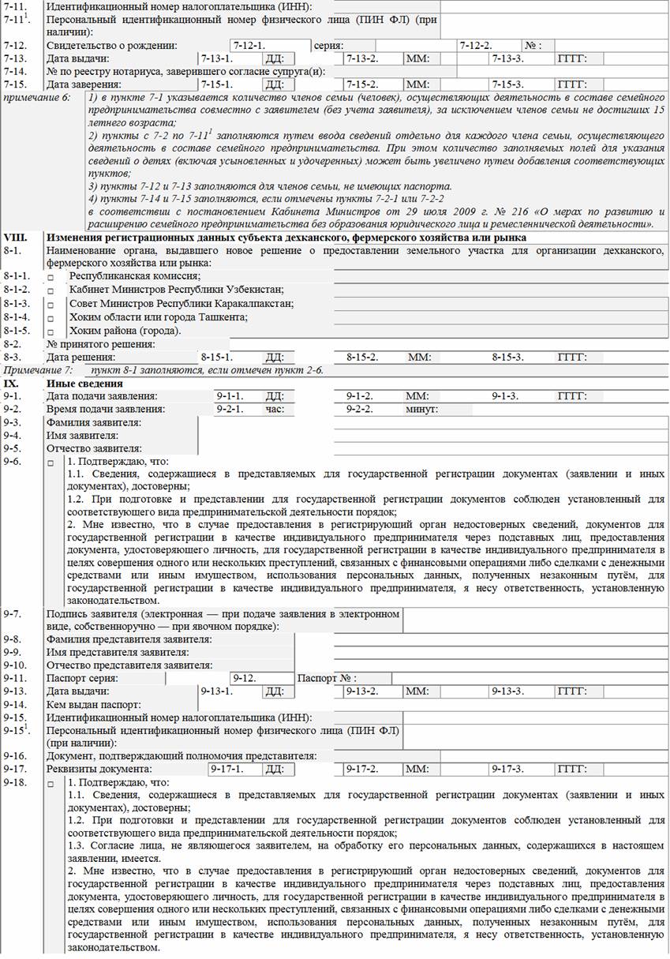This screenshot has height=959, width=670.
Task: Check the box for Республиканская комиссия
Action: pos(51,277)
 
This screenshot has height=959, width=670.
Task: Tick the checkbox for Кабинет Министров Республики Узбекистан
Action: pos(51,290)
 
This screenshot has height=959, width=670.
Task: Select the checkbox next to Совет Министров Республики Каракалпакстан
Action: pos(51,304)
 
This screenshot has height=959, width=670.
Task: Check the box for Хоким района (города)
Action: pos(51,331)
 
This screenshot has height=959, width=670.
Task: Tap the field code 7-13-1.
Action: pos(216,59)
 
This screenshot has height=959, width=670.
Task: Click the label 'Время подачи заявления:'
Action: pos(106,409)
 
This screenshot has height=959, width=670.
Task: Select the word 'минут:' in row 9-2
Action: pos(421,410)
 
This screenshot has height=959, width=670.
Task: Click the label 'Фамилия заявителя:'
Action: pos(94,422)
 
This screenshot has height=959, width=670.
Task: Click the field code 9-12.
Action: pos(247,678)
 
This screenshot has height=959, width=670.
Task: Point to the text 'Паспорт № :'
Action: pos(327,678)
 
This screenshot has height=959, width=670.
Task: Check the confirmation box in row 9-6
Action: pos(51,463)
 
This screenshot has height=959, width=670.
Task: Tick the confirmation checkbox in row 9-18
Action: pos(51,785)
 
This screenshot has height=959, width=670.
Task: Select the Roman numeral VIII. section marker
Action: pos(16,238)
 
